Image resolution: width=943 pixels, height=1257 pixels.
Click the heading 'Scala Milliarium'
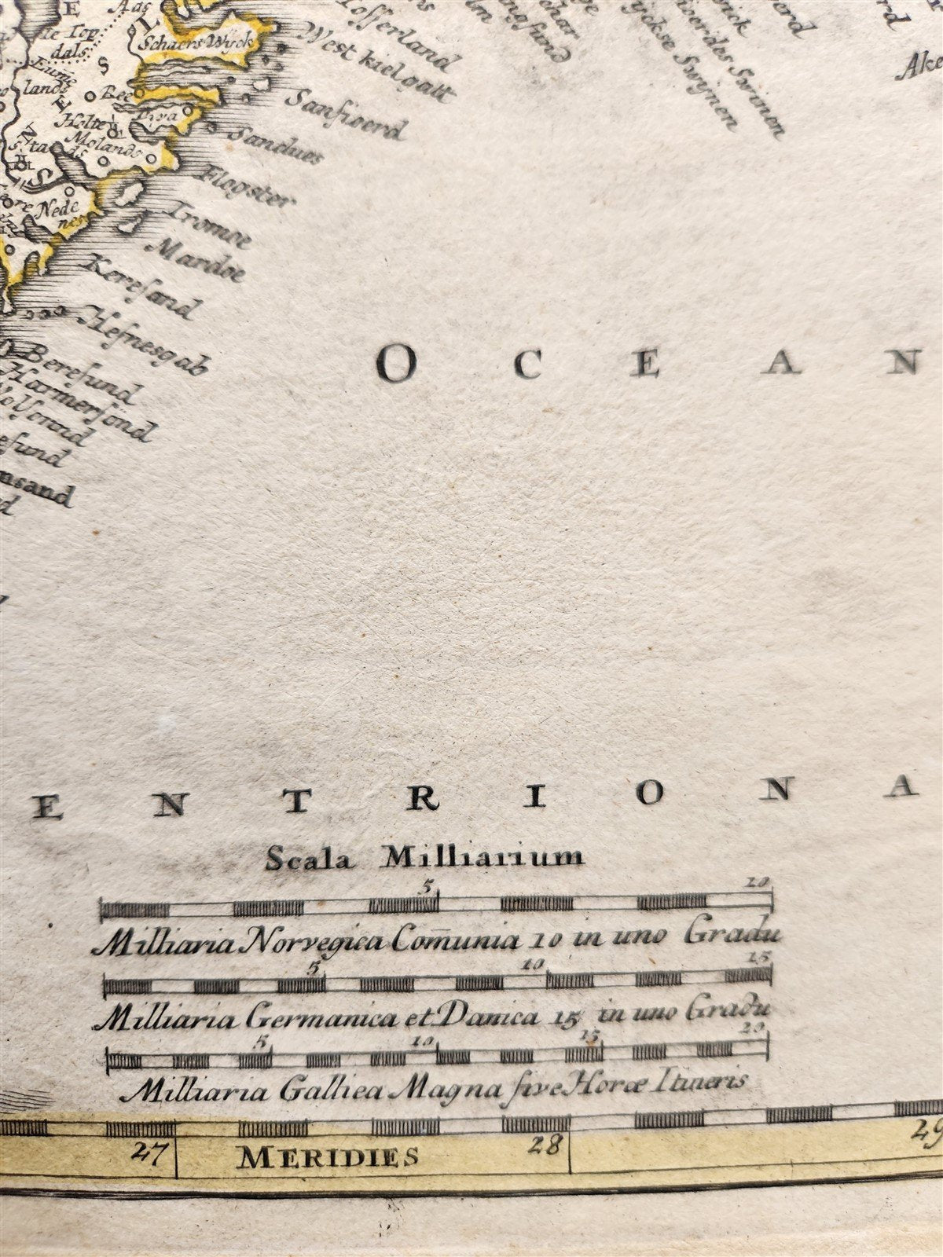[x=424, y=856]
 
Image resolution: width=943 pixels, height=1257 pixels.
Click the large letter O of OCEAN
[x=396, y=364]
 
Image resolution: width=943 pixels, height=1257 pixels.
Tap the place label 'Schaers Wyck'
[x=193, y=44]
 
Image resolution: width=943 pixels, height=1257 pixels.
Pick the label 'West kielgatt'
[x=377, y=65]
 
